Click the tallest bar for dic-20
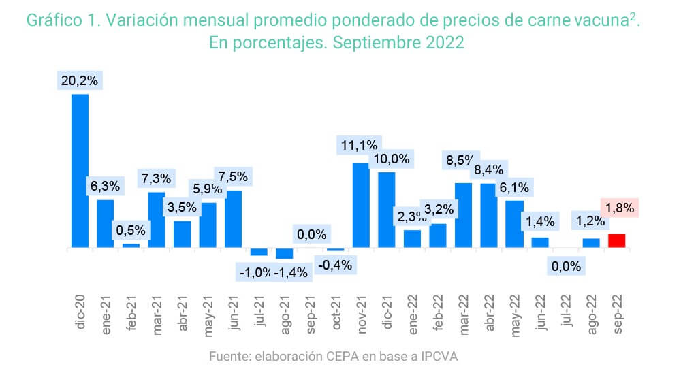pyautogui.click(x=80, y=170)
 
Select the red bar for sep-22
pyautogui.click(x=617, y=241)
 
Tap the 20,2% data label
pyautogui.click(x=80, y=80)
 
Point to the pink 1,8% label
pyautogui.click(x=618, y=208)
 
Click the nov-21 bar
pyautogui.click(x=361, y=205)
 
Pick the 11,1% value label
pyautogui.click(x=360, y=144)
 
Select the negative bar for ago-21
pyautogui.click(x=285, y=254)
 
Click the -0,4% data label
pyautogui.click(x=335, y=265)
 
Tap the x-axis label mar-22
pyautogui.click(x=464, y=313)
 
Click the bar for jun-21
pyautogui.click(x=234, y=218)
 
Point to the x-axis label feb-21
pyautogui.click(x=131, y=313)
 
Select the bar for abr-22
pyautogui.click(x=489, y=215)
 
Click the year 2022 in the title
pyautogui.click(x=442, y=42)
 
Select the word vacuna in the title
pyautogui.click(x=601, y=20)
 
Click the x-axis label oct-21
pyautogui.click(x=336, y=313)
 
